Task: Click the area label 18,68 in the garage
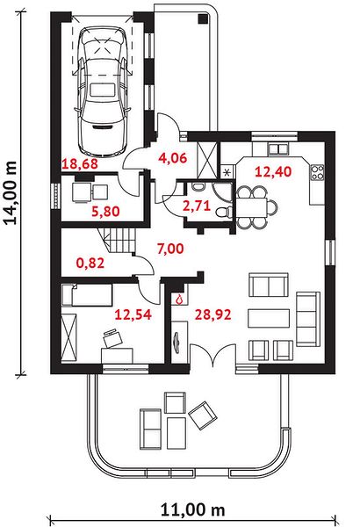[80, 164]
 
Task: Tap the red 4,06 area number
[172, 157]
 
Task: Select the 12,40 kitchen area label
[273, 172]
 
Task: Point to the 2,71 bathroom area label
[197, 206]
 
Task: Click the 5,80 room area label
[105, 212]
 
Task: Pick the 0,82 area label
[90, 263]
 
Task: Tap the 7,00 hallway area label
[170, 249]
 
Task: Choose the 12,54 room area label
[133, 314]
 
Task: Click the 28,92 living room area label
[213, 314]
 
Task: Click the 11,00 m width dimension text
[192, 509]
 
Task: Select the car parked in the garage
[102, 90]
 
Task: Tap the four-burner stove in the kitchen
[317, 172]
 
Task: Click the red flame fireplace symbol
[179, 299]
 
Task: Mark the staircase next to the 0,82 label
[119, 241]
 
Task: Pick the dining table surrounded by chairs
[251, 207]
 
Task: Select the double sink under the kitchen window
[278, 148]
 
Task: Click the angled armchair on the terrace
[203, 415]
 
